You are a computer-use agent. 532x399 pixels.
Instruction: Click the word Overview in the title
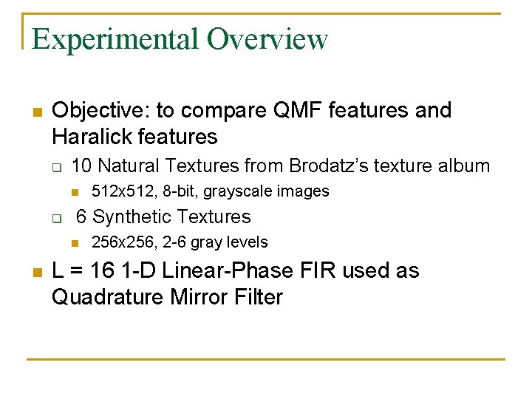(x=267, y=39)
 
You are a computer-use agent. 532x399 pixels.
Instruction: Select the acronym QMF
(x=292, y=111)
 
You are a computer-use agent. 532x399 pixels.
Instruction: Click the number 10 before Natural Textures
(x=82, y=166)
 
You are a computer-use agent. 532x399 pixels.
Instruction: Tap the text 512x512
(x=115, y=191)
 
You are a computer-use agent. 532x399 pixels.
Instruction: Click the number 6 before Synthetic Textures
(x=82, y=217)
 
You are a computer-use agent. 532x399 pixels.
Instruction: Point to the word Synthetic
(x=132, y=217)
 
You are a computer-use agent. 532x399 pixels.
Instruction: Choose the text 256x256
(x=115, y=242)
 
